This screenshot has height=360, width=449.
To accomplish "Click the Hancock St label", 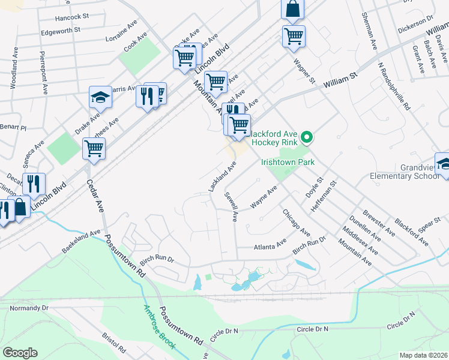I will point(71,18).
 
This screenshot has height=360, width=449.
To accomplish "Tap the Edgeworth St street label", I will point(61,30).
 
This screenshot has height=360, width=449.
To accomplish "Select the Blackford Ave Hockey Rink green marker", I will point(307,138).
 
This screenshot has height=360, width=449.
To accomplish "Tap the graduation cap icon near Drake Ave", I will point(100,98).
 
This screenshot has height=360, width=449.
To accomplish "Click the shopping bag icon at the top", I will point(292,9).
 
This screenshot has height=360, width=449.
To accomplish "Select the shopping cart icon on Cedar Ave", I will point(94,149).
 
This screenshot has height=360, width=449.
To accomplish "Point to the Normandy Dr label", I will point(29,308).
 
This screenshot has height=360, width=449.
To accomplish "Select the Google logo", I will point(20,353).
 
